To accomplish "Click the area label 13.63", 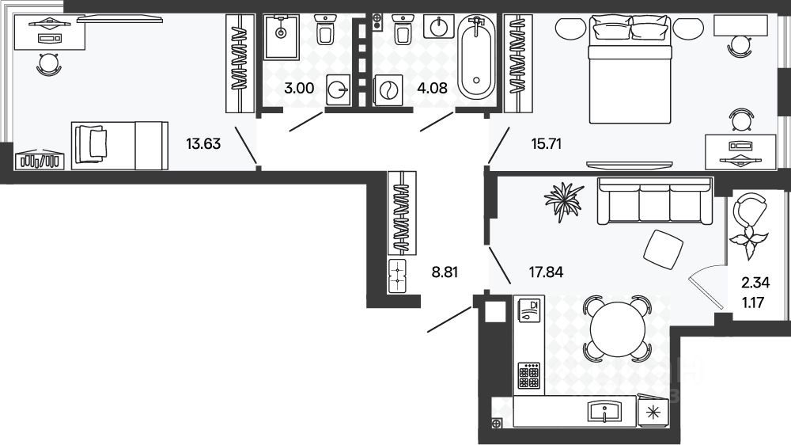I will pyautogui.click(x=202, y=144).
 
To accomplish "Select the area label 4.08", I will pyautogui.click(x=433, y=88).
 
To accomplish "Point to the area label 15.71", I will pyautogui.click(x=547, y=144).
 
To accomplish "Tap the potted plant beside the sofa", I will pyautogui.click(x=565, y=199).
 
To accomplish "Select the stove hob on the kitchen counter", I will pyautogui.click(x=529, y=375).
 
